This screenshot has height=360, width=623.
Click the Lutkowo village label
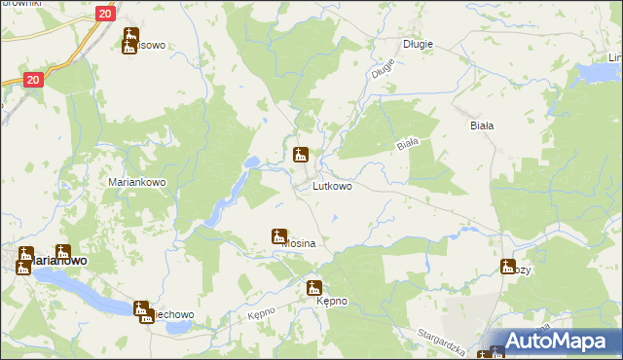click(332, 185)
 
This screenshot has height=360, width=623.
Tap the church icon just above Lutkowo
click(302, 155)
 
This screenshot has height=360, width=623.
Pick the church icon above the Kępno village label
click(314, 287)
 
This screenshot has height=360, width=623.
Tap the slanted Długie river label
click(383, 68)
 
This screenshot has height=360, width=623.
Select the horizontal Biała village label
click(483, 126)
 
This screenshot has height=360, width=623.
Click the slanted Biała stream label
click(407, 144)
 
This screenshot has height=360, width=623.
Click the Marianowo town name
click(58, 261)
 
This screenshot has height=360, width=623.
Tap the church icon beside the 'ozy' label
click(508, 267)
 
